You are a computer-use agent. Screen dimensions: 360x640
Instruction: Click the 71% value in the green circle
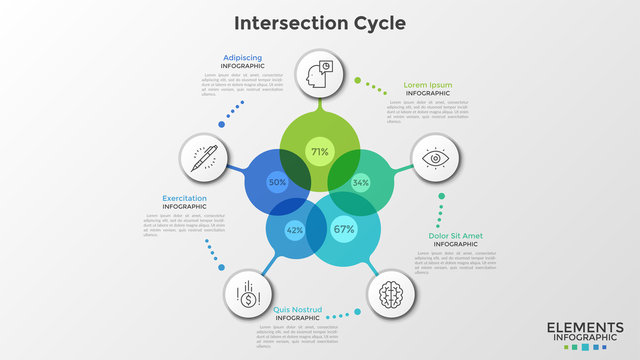319,153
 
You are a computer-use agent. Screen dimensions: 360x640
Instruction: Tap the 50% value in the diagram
277,183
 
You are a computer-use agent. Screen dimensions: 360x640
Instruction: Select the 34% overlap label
361,183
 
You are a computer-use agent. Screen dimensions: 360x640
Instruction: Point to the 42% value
295,230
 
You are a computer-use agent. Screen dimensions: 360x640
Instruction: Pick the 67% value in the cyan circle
344,229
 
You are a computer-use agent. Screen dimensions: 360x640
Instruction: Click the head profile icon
319,73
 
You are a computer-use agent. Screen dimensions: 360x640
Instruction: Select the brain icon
391,296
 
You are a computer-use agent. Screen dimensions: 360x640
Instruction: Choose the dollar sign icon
246,295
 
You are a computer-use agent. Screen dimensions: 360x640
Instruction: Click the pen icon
203,159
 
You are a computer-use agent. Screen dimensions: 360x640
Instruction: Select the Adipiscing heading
243,57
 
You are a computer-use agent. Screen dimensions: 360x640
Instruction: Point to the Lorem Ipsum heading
427,86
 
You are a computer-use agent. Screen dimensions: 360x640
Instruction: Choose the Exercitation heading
185,198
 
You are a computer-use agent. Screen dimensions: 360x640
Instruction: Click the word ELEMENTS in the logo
580,327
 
